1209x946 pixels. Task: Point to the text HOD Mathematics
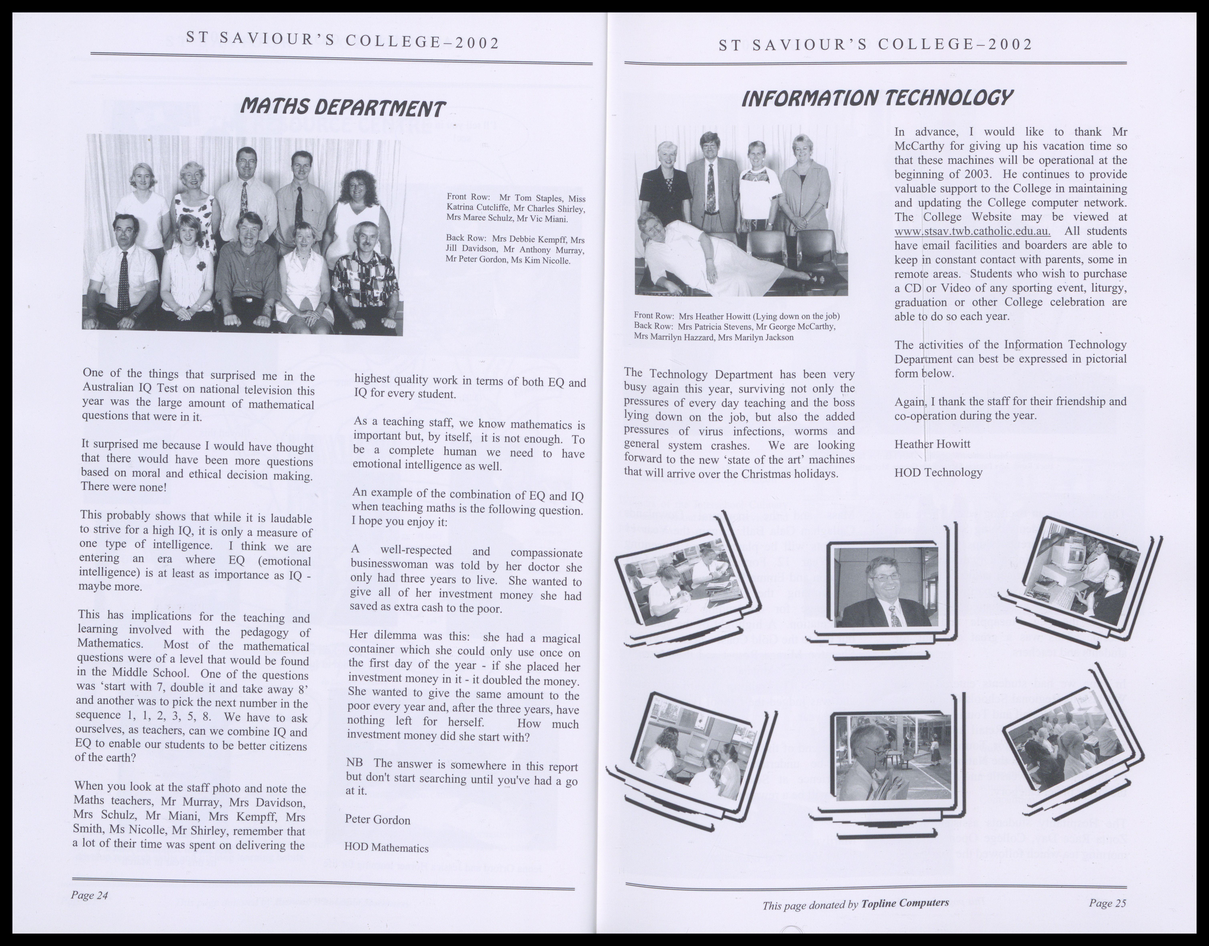click(387, 847)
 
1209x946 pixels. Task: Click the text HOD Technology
click(938, 472)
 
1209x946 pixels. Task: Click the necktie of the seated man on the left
click(124, 280)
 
